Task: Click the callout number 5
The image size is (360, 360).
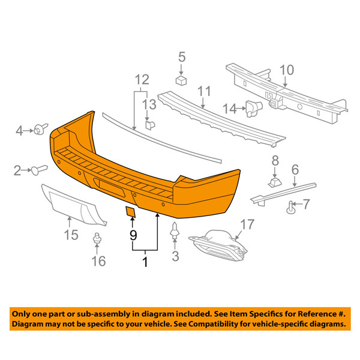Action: (x=182, y=57)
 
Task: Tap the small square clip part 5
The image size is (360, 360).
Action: (x=181, y=80)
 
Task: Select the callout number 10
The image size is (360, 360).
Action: (x=287, y=70)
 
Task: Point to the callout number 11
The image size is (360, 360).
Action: (x=204, y=91)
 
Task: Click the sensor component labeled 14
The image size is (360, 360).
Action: (x=254, y=109)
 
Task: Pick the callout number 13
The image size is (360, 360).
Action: (x=149, y=104)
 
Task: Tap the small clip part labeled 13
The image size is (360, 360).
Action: (x=150, y=125)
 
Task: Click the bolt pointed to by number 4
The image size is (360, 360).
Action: (x=41, y=129)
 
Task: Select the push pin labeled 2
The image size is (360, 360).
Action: (x=39, y=170)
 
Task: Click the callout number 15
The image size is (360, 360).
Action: (x=71, y=235)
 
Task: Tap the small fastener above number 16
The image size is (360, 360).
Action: (x=97, y=238)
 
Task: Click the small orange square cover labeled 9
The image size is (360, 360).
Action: (x=130, y=212)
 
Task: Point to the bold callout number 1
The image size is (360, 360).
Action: (x=145, y=262)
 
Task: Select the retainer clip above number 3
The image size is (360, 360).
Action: (x=175, y=231)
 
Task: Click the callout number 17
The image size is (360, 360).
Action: (x=247, y=224)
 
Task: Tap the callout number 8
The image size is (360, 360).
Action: (x=275, y=161)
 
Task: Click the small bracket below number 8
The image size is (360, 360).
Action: (x=275, y=182)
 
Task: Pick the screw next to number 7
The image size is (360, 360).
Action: (x=290, y=208)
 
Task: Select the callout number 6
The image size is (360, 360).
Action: (x=295, y=170)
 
